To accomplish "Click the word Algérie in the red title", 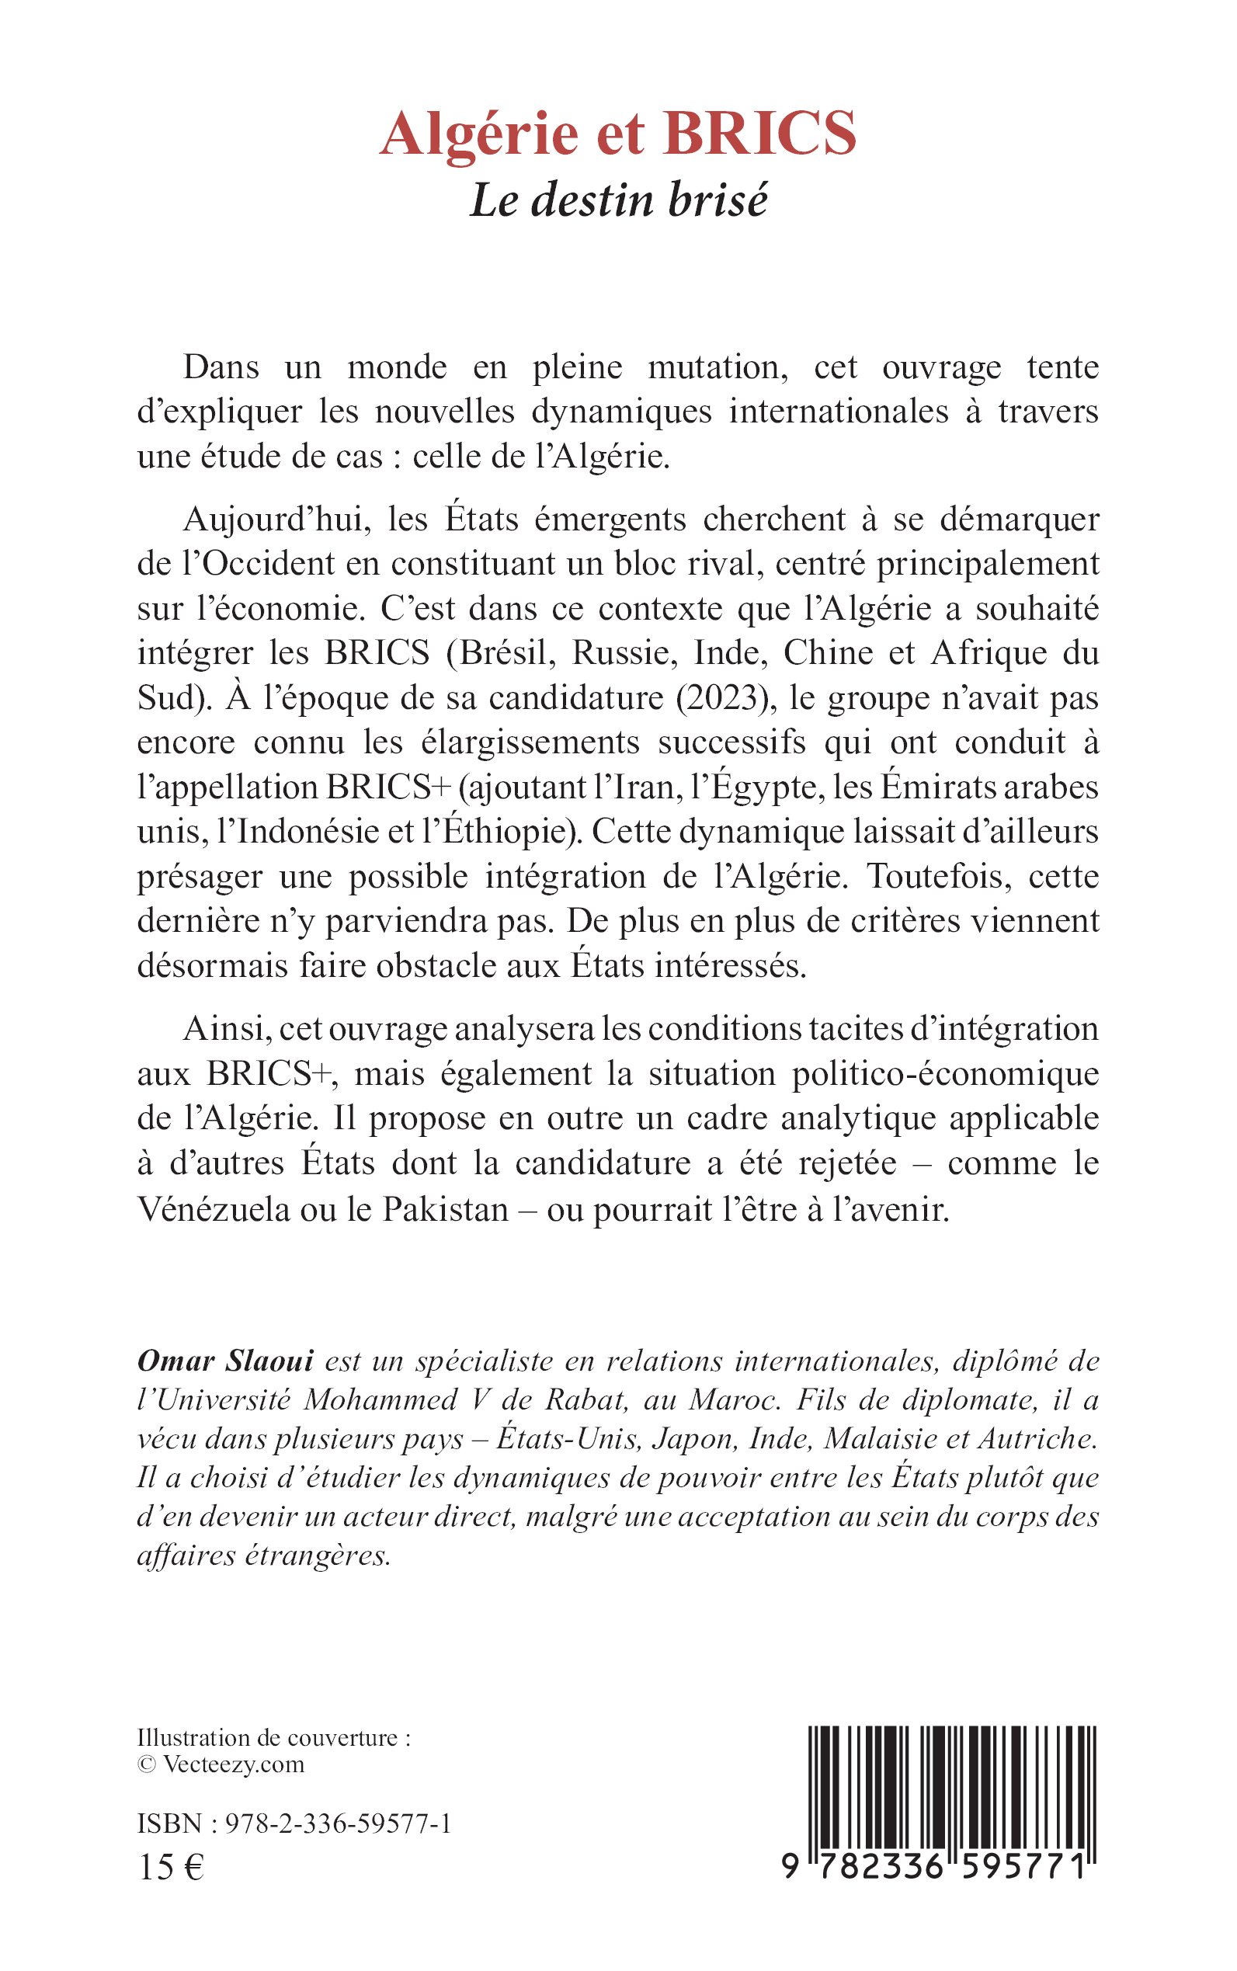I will pos(478,134).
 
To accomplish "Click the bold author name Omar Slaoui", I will pos(225,1361).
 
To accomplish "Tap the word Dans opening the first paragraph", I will pos(221,367).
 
